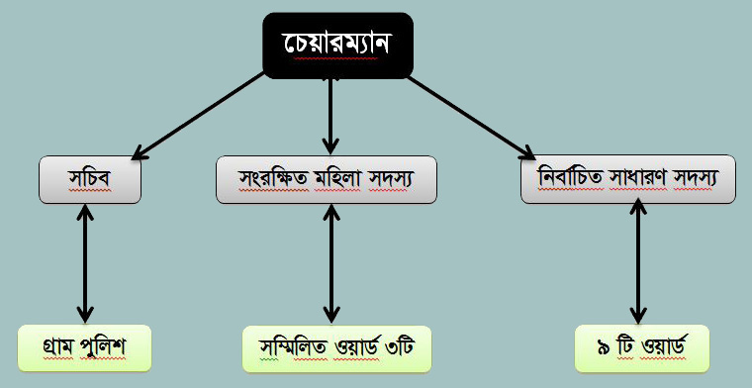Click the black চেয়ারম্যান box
point(338,46)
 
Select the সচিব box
point(90,179)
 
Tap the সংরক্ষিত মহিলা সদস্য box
point(327,179)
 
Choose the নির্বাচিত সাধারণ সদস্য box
point(628,179)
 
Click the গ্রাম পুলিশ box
point(84,348)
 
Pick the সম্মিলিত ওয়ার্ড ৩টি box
point(336,349)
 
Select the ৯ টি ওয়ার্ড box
point(642,348)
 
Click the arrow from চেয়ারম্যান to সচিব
point(198,116)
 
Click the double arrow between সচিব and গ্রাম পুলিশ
point(85,264)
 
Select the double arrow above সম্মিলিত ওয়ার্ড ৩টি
point(330,264)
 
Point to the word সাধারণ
point(638,179)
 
